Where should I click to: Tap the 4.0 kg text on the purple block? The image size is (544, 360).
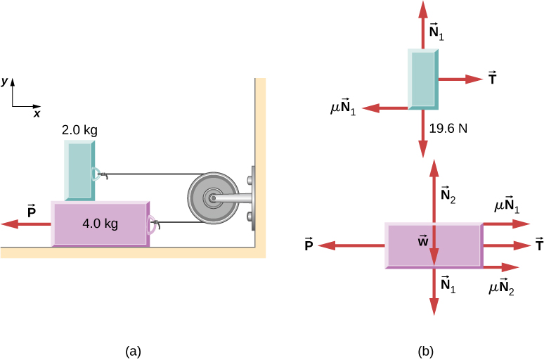[x=99, y=224]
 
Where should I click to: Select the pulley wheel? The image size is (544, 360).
[x=210, y=199]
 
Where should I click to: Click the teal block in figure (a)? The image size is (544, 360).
[x=80, y=169]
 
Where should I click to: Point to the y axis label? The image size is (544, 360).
[x=5, y=82]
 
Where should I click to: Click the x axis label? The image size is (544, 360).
[x=37, y=112]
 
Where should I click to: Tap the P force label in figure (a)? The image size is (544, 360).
[x=31, y=210]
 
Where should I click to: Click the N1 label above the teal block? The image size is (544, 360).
[x=438, y=31]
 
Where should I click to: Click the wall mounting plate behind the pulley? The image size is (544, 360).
[x=251, y=198]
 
